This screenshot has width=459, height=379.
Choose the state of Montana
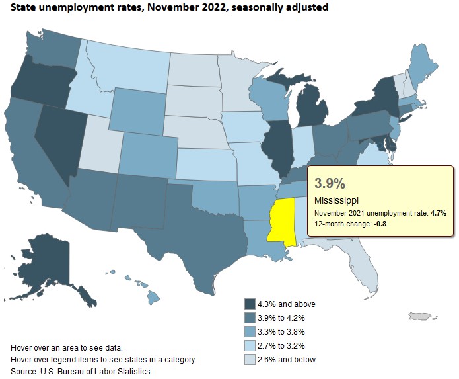click(125, 63)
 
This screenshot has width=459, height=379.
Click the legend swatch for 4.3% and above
click(250, 304)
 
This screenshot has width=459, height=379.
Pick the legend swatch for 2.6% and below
click(250, 359)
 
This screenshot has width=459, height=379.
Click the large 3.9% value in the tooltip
click(330, 182)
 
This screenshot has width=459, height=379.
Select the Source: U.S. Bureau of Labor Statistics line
click(82, 372)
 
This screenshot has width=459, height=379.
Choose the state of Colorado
click(148, 156)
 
